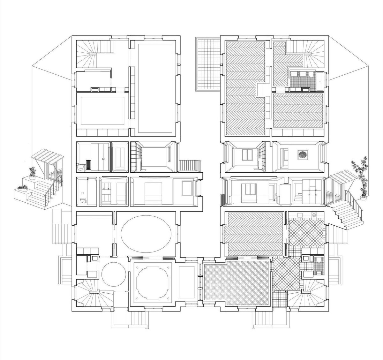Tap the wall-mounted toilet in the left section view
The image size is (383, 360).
click(82, 200)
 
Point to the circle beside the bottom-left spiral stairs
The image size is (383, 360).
click(114, 274)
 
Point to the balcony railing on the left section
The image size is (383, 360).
click(190, 166)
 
